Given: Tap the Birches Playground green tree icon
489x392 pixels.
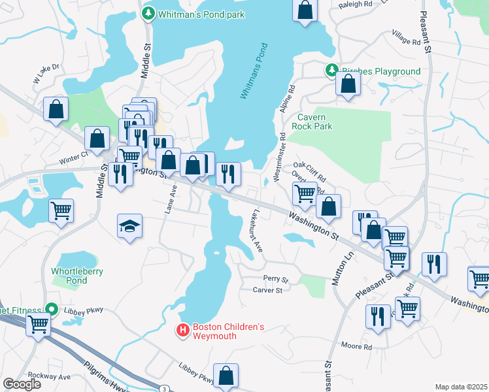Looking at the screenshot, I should click(331, 71).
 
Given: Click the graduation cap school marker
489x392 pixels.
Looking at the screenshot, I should click(129, 227).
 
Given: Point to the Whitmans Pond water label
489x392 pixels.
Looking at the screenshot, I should click(254, 71).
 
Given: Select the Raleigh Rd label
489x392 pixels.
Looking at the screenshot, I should click(354, 5).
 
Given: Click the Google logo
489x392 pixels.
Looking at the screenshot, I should click(22, 384).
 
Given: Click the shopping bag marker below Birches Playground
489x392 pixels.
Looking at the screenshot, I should click(348, 84).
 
